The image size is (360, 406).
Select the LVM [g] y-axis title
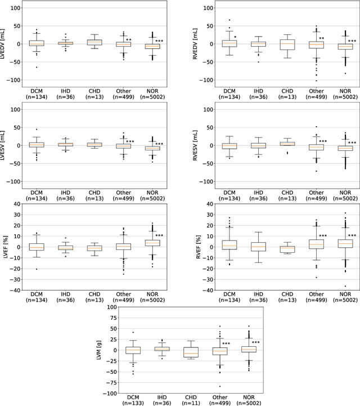97,350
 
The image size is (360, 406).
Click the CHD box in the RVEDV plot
287,44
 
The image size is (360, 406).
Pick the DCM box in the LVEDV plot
37,43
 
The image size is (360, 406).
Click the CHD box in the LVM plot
191,352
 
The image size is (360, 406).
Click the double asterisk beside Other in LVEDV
129,40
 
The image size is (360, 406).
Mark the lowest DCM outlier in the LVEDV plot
37,68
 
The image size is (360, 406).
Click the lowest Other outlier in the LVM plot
220,386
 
